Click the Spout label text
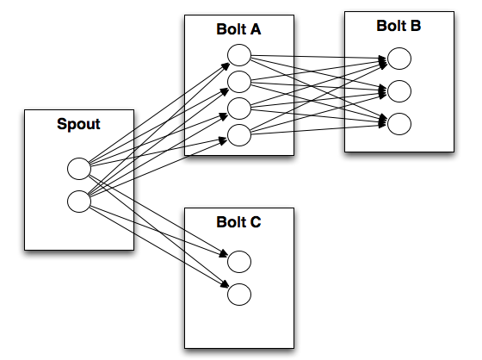tap(78, 124)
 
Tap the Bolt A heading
tap(238, 29)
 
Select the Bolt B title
tap(399, 26)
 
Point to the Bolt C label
tap(238, 222)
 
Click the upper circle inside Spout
tap(79, 169)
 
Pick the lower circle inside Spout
tap(79, 202)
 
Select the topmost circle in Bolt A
tap(239, 55)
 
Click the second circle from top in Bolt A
tap(239, 82)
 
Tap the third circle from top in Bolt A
tap(239, 109)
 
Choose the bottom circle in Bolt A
tap(239, 135)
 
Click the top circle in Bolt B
tap(399, 59)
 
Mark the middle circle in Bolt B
tap(399, 91)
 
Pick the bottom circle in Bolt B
tap(399, 124)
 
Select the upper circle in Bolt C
tap(239, 262)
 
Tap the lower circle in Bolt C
tap(239, 295)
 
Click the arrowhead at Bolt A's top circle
tap(225, 66)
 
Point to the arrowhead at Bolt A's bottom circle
tap(223, 141)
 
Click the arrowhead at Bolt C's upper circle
tap(224, 254)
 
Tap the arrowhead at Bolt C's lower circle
tap(225, 284)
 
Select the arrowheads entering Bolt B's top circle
tap(382, 61)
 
